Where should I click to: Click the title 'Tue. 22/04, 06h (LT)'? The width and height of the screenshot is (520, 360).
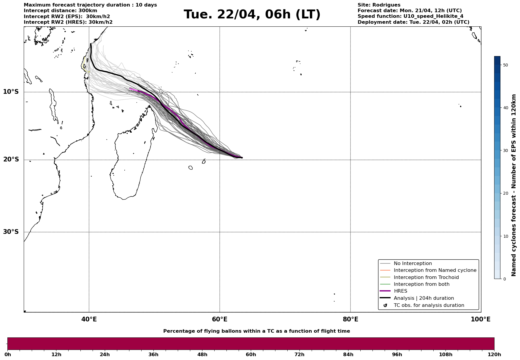(252, 15)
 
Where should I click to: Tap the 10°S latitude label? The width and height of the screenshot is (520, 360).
(11, 92)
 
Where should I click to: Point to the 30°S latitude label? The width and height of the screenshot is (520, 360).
(11, 232)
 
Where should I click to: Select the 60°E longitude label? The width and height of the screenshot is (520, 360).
(220, 319)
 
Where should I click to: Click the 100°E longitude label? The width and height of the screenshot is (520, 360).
(481, 319)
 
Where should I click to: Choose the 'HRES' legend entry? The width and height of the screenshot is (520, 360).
(400, 291)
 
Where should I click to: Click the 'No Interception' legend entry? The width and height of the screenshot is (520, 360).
(413, 264)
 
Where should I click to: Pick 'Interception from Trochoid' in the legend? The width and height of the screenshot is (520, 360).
(426, 277)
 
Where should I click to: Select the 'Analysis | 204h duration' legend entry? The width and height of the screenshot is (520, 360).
(424, 298)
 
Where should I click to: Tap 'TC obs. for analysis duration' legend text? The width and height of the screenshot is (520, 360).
(429, 305)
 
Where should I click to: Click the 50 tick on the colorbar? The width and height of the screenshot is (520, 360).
(506, 65)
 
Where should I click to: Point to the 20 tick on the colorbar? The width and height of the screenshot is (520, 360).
(506, 194)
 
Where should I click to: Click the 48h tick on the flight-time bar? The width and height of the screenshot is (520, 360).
(202, 355)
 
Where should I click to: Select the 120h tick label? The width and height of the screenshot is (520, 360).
(494, 355)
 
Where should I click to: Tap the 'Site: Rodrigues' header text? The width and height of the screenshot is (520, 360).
(379, 5)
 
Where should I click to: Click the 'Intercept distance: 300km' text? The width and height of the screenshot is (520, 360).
(60, 11)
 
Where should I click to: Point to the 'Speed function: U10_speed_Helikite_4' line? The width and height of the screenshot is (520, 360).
(410, 16)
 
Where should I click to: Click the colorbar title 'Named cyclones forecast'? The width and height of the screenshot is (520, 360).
(514, 185)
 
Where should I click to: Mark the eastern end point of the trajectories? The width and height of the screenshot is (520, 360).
(242, 158)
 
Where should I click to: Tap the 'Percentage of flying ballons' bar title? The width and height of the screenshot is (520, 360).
(256, 331)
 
